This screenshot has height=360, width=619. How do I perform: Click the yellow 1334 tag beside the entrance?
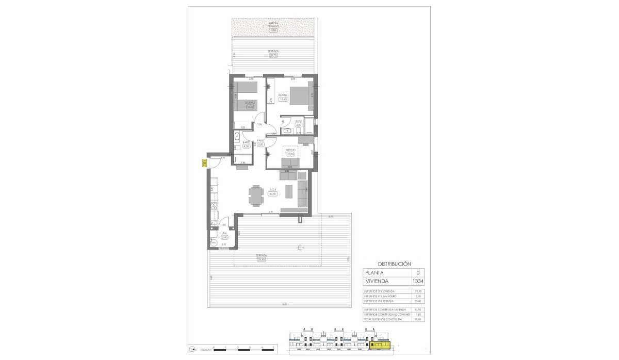click(x=204, y=162)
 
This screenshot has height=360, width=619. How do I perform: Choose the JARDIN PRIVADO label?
click(x=273, y=25)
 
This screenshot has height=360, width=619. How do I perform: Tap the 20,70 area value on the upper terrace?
click(x=273, y=55)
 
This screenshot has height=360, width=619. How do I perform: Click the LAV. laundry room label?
click(x=224, y=234)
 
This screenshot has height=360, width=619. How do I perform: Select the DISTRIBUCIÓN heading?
click(x=395, y=264)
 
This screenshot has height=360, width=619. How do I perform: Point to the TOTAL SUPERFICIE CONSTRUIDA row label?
click(x=384, y=320)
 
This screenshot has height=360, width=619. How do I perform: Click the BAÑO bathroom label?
click(x=246, y=142)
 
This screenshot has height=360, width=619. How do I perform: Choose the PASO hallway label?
click(x=260, y=140)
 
